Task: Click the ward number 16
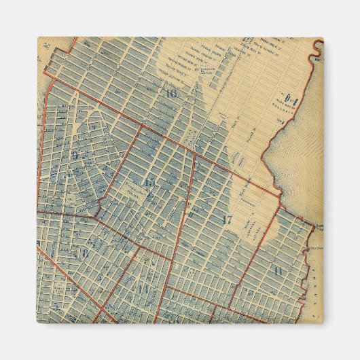pyautogui.click(x=170, y=94)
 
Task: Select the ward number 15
pyautogui.click(x=148, y=182)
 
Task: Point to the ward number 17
pyautogui.click(x=227, y=219)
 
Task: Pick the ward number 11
pyautogui.click(x=278, y=271)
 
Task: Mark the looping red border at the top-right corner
pyautogui.click(x=318, y=48)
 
